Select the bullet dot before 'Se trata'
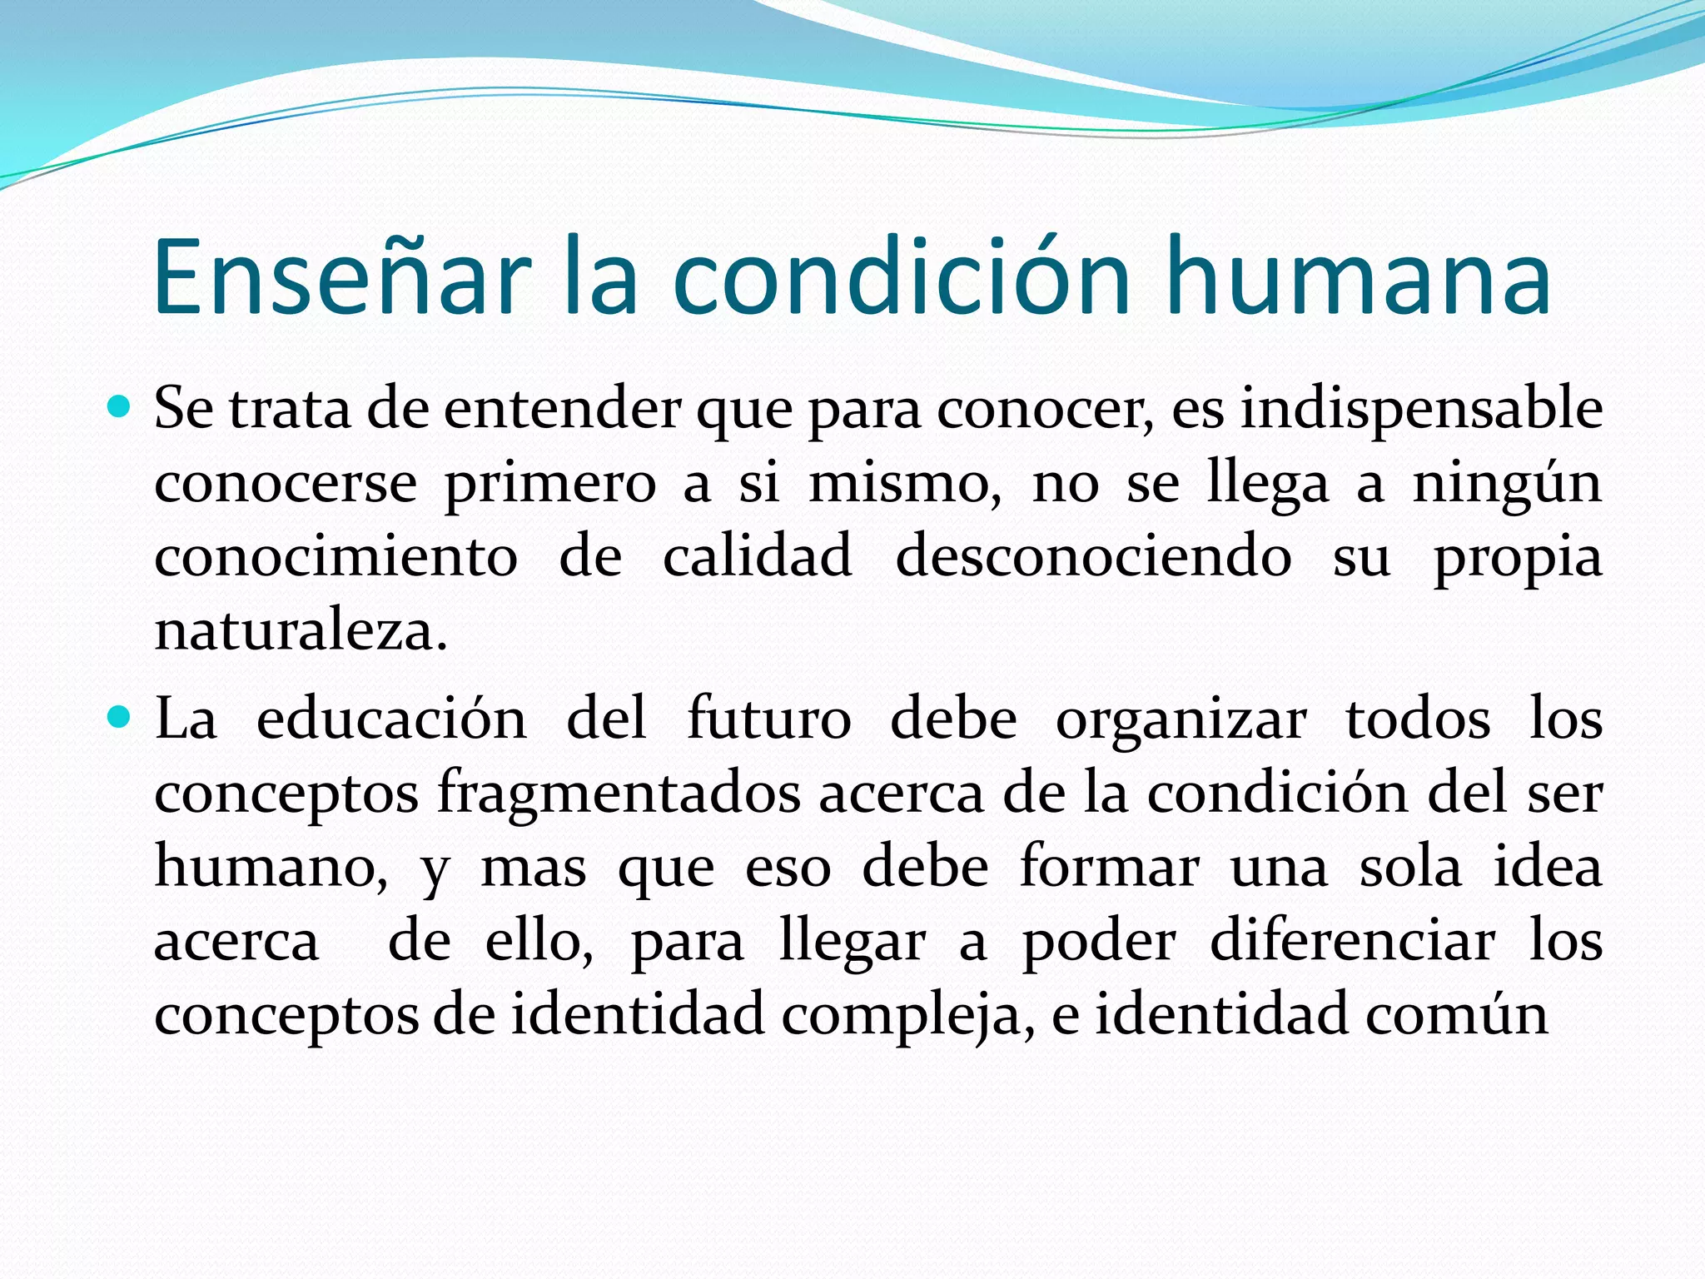tap(120, 407)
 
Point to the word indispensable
tap(1421, 410)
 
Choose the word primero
tap(550, 484)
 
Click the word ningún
tap(1507, 484)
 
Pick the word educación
tap(391, 719)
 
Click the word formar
tap(1109, 867)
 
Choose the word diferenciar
tap(1352, 941)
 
